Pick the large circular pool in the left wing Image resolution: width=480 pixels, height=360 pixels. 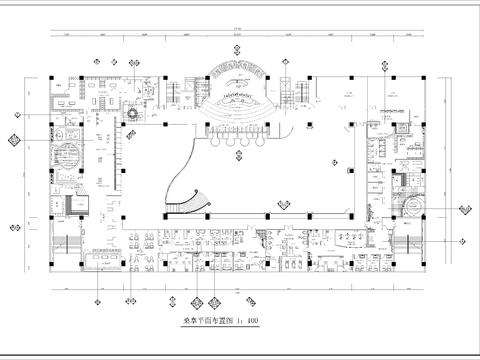68,160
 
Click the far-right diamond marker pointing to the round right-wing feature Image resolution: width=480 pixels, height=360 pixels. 465,207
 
